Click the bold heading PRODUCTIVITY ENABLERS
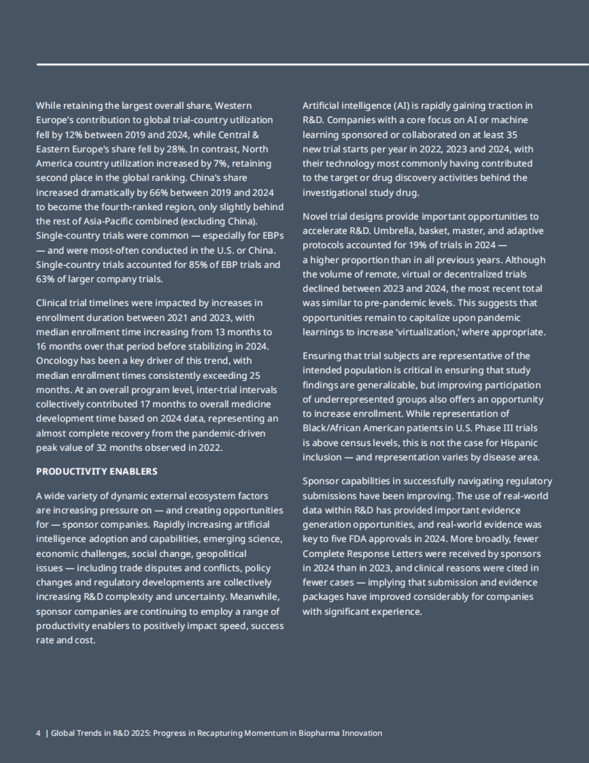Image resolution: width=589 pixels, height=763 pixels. pos(97,472)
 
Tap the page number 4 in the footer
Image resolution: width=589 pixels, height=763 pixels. pos(38,733)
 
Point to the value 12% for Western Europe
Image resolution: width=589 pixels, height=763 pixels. pos(73,134)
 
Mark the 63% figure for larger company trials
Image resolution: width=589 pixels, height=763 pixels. pos(45,279)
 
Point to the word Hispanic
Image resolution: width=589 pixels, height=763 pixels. pos(519,443)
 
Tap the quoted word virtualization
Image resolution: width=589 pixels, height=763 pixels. pos(427,332)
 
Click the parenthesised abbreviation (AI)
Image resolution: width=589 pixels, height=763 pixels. pos(401,105)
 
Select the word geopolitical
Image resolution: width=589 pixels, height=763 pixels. pos(221,554)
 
